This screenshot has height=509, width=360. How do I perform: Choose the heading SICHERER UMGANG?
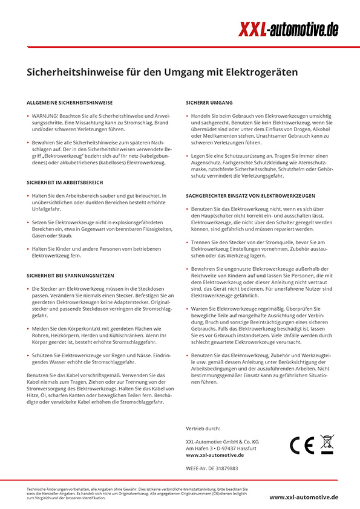coord(209,103)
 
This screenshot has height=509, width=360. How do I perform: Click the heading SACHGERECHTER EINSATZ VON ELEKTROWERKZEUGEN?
coord(250,196)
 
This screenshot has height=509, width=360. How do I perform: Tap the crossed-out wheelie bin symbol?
coord(327,444)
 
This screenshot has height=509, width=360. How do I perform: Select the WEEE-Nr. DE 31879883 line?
coord(212,468)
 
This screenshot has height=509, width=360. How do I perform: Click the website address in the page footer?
coord(304,497)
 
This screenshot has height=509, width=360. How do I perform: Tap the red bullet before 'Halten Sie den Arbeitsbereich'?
coord(28,196)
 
